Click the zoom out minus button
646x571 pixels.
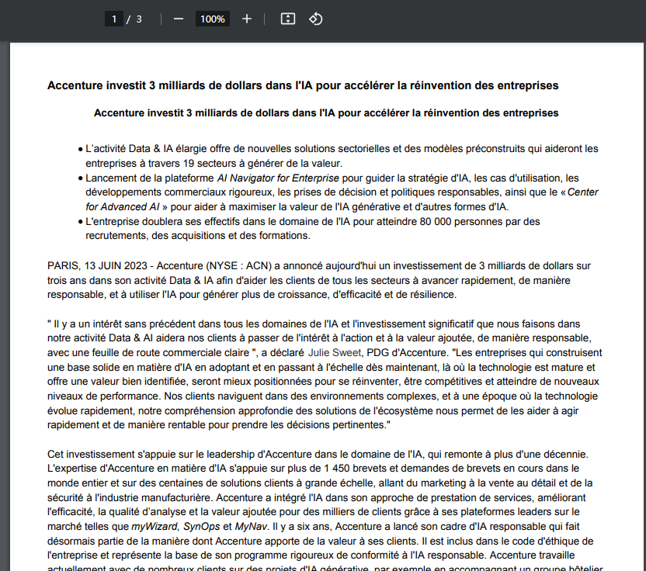179,19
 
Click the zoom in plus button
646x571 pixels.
247,19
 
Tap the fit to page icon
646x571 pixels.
287,19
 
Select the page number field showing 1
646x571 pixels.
113,19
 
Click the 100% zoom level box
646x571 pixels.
212,19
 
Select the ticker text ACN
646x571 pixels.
255,266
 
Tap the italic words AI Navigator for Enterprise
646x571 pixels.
278,178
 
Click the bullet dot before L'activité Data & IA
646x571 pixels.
80,148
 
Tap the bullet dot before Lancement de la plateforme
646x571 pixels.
80,178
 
